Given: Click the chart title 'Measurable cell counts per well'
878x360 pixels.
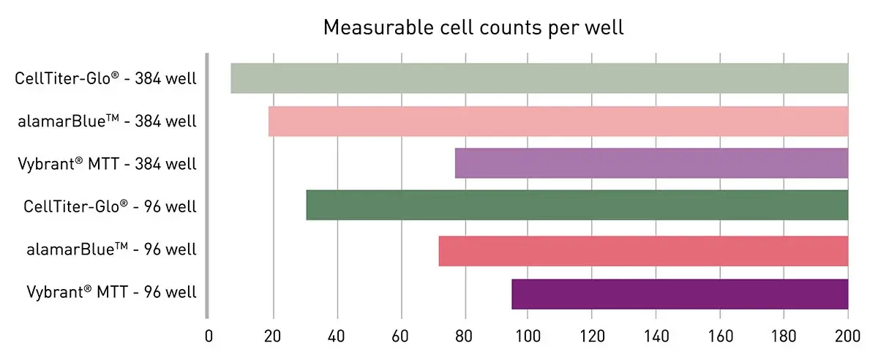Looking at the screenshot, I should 473,29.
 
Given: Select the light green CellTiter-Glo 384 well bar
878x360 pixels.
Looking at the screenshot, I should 539,78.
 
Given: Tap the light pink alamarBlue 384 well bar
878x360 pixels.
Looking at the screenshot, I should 558,121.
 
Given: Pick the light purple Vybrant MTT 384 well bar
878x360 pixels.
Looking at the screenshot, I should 651,163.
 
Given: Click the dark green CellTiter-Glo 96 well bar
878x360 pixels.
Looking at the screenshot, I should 577,205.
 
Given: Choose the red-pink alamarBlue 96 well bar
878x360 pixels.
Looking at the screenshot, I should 643,251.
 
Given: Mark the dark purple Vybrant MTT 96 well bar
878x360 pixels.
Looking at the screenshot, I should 680,293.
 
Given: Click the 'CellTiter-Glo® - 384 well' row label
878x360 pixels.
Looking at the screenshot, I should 105,78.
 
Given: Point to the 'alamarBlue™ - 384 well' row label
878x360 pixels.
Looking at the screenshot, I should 107,121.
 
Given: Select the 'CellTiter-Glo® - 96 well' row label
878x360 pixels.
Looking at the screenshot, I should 110,206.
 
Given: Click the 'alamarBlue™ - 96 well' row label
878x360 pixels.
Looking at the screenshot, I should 110,250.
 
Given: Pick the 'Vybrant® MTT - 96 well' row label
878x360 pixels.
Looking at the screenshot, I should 113,292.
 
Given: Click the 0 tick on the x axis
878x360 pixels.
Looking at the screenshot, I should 209,337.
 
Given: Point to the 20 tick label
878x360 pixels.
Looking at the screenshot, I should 273,337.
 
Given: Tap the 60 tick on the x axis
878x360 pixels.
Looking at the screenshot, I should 400,337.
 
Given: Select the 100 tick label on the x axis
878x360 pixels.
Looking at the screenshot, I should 528,337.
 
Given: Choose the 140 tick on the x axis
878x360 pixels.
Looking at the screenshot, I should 656,337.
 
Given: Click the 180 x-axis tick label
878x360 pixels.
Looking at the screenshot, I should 784,337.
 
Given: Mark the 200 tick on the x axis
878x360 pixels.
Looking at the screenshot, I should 847,337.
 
